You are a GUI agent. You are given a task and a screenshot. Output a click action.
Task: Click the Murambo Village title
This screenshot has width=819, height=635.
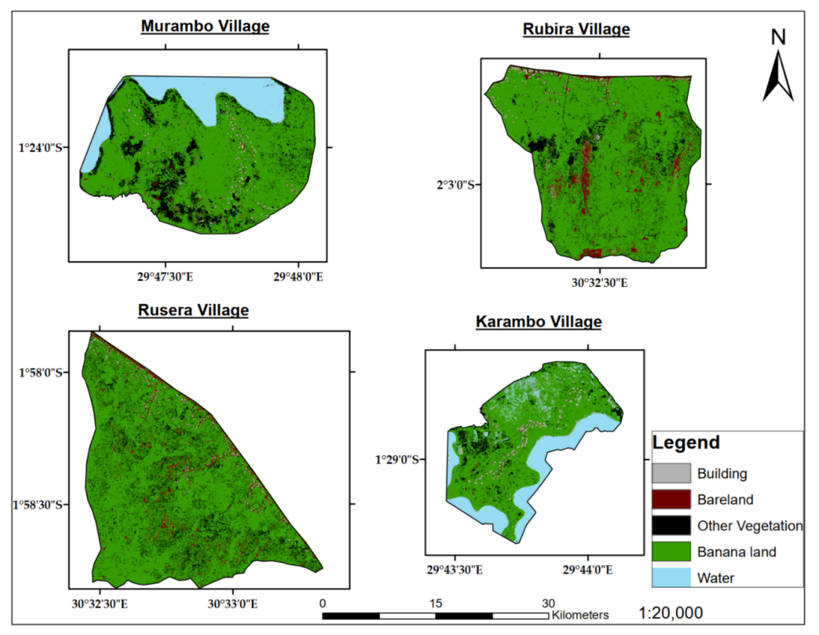click(205, 27)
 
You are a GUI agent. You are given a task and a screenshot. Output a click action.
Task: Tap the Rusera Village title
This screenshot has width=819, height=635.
click(193, 310)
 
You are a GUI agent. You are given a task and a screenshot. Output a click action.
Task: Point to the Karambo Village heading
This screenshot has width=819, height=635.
click(539, 322)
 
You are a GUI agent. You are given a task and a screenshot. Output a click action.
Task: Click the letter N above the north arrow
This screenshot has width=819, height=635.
click(778, 37)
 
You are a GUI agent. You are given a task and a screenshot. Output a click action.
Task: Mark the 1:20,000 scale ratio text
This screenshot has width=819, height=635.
click(670, 613)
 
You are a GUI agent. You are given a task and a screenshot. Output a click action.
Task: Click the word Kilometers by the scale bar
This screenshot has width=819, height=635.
click(580, 616)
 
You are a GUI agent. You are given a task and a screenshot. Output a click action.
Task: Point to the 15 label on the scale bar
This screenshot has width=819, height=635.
click(436, 603)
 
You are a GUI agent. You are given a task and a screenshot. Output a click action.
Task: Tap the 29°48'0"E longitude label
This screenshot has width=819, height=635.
click(298, 277)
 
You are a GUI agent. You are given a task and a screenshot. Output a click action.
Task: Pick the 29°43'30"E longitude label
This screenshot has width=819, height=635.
click(455, 570)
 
